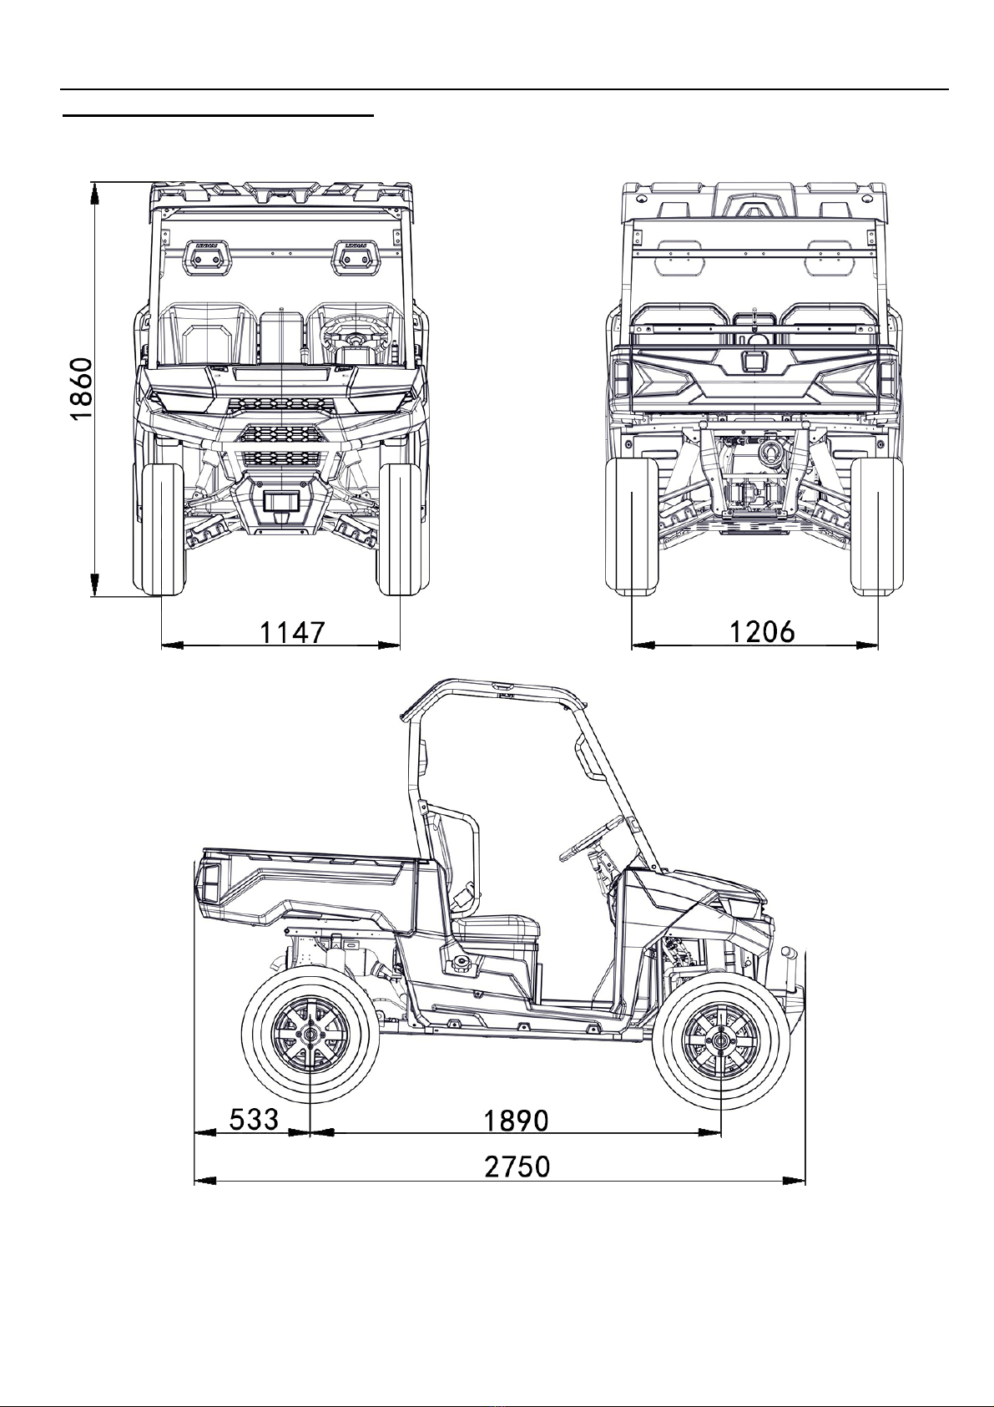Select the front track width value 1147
(x=293, y=632)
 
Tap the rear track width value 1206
(x=762, y=631)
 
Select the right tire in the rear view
(x=876, y=526)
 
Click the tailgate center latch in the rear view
(x=752, y=361)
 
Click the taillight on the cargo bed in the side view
(x=209, y=886)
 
